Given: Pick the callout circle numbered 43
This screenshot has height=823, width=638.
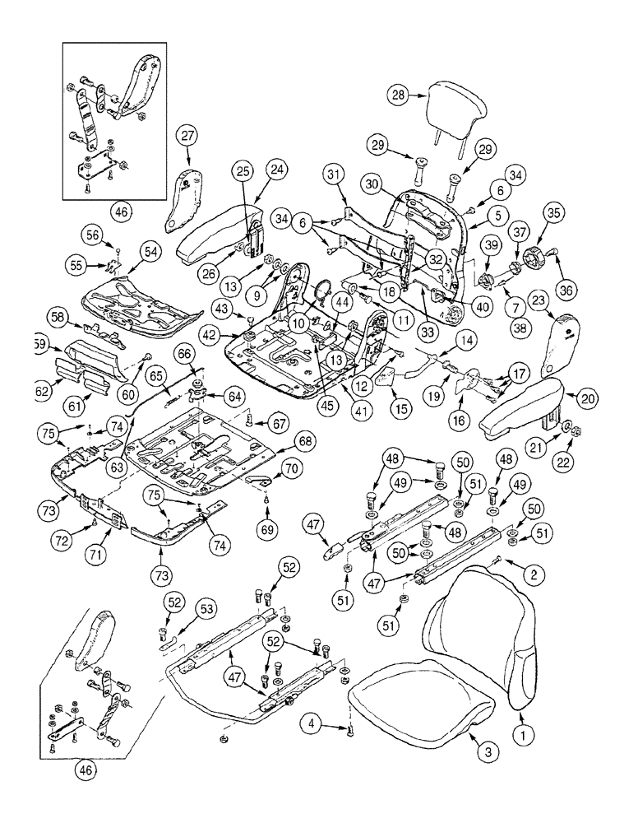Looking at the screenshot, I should (220, 309).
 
